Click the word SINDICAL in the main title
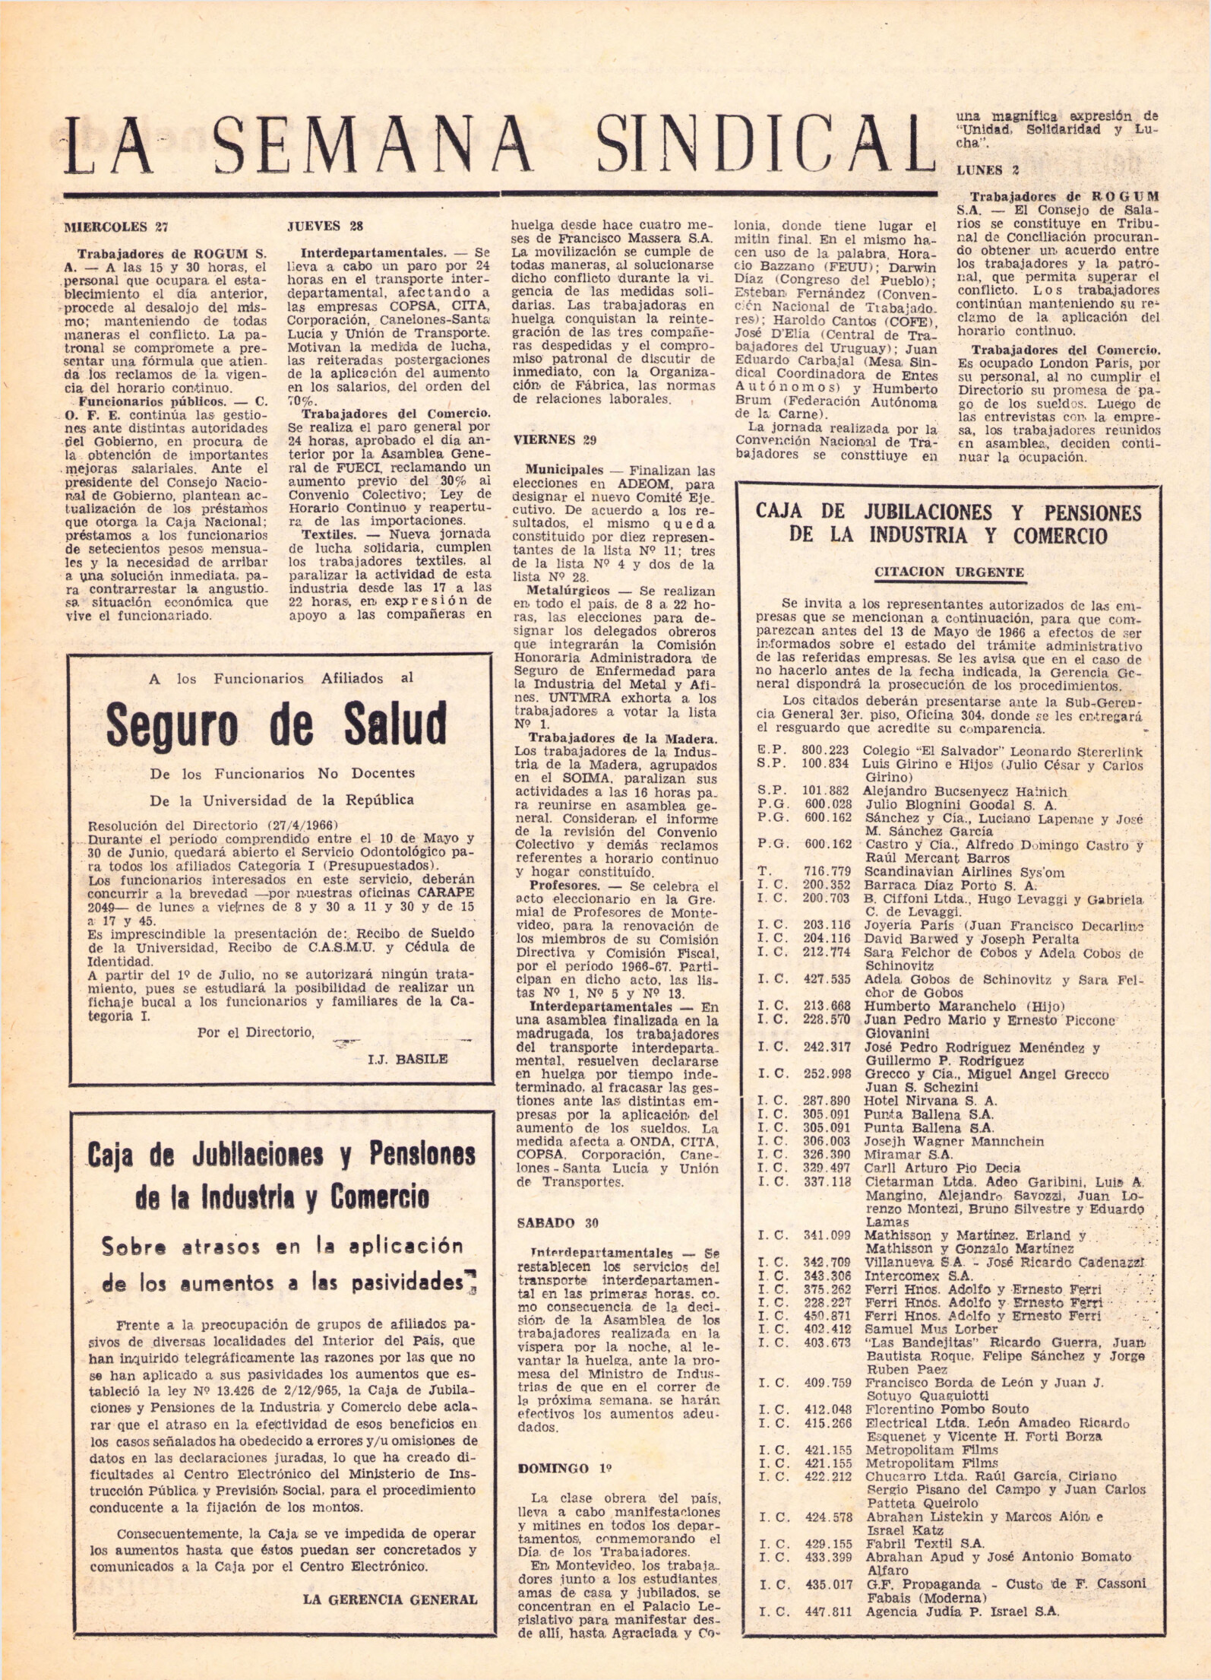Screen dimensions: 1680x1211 click(x=764, y=144)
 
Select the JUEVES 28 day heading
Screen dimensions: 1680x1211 click(x=325, y=226)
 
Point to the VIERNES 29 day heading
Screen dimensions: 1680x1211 click(x=555, y=439)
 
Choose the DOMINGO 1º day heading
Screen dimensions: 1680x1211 click(x=564, y=1469)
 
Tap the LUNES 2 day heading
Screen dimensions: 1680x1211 click(x=988, y=170)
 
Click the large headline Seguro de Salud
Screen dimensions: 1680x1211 click(x=277, y=724)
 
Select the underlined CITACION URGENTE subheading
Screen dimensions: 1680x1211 click(x=949, y=572)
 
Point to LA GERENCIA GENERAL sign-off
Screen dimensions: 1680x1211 click(x=390, y=1578)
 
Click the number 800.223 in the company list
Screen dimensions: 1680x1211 click(x=826, y=751)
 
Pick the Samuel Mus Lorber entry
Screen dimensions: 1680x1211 click(x=931, y=1329)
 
